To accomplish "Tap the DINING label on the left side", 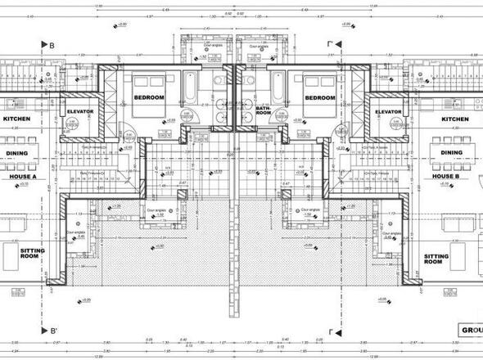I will [x=18, y=152].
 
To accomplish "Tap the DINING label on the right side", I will [x=451, y=152].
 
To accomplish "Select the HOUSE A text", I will [x=24, y=175].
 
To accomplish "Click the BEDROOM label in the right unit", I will [x=319, y=97].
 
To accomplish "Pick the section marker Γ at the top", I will [x=329, y=46].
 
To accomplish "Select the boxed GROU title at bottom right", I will [x=470, y=331].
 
